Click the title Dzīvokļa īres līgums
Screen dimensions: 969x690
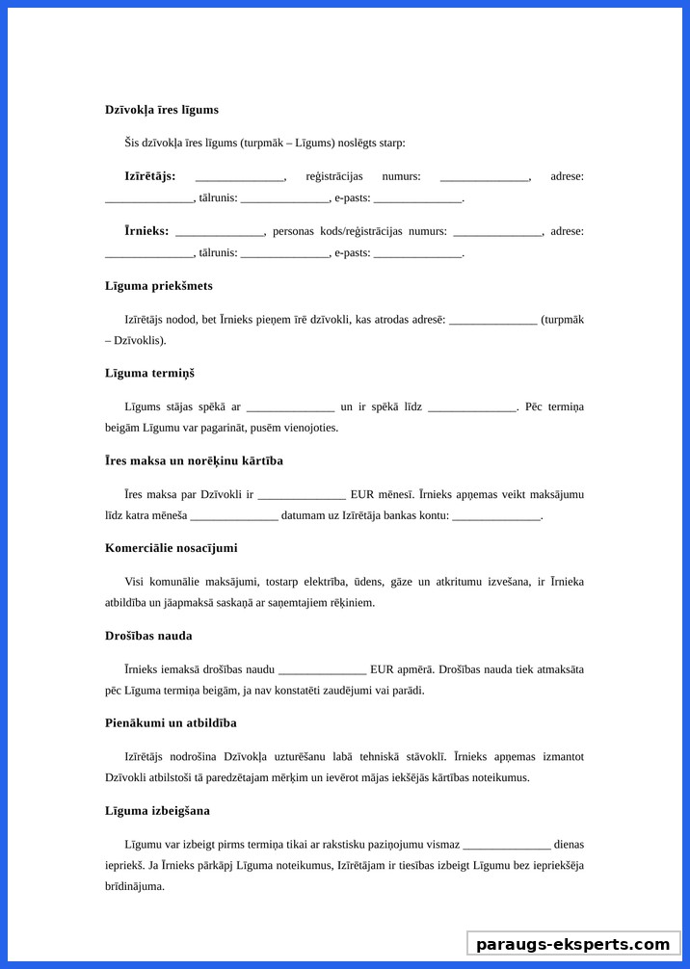point(162,110)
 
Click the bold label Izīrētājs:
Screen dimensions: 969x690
point(149,176)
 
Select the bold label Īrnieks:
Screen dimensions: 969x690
point(146,231)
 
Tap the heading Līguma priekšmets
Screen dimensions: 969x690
point(159,286)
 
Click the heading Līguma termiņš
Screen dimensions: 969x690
point(149,373)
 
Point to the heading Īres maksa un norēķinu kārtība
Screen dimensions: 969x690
point(194,460)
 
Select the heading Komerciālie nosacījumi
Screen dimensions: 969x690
point(171,548)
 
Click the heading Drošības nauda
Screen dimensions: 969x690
point(148,636)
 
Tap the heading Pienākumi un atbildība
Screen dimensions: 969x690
point(171,722)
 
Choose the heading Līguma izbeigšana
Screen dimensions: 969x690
point(157,811)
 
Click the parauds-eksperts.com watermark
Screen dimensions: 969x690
point(572,944)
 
